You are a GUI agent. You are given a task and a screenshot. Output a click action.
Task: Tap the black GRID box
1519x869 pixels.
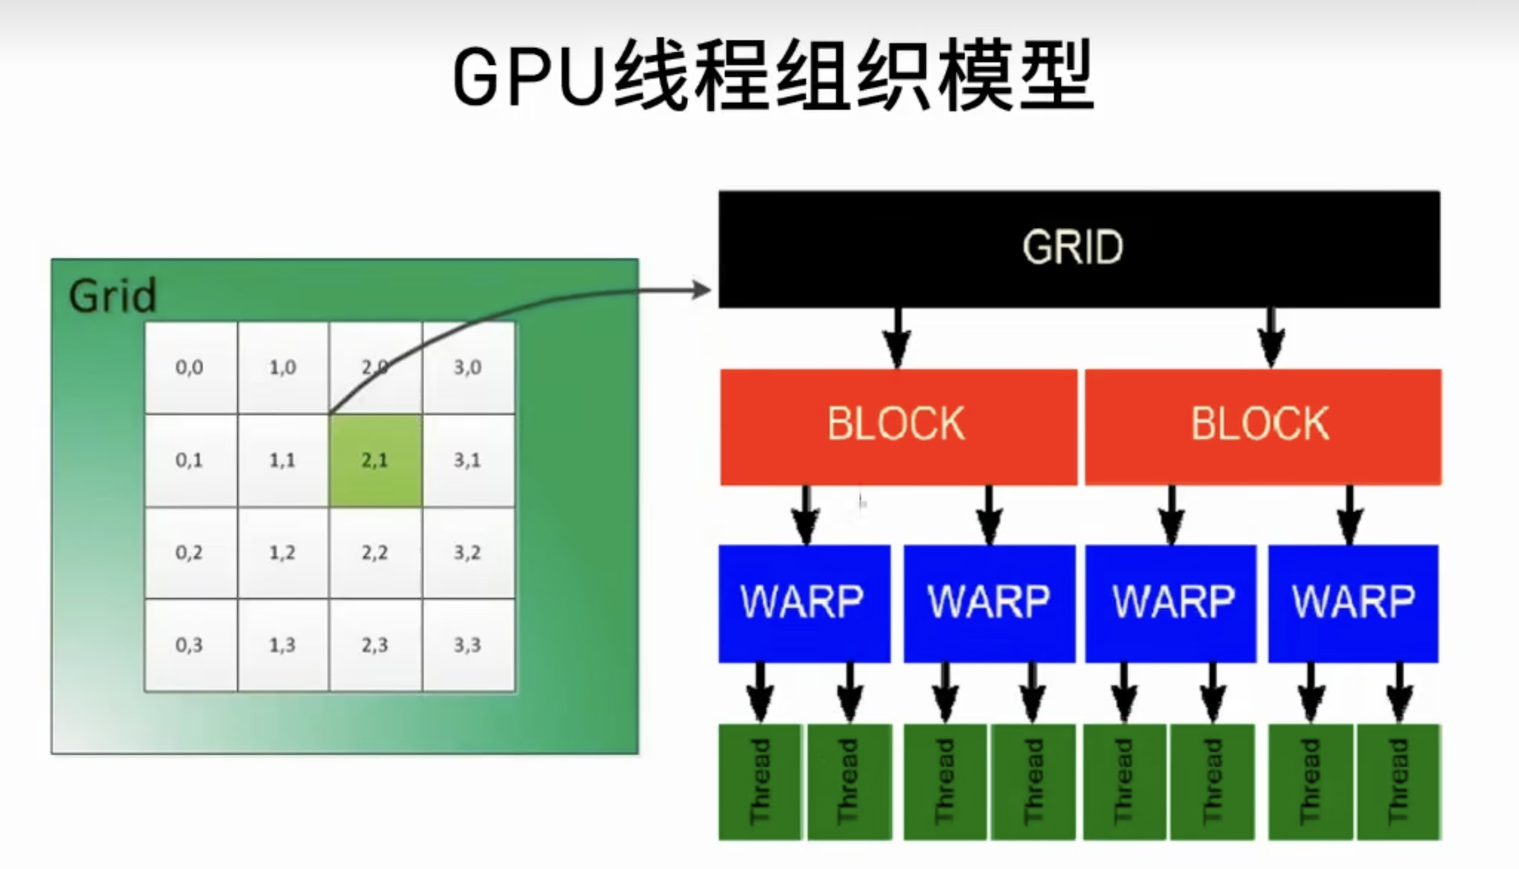point(1079,249)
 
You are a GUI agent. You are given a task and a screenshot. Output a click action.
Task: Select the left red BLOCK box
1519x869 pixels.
point(898,426)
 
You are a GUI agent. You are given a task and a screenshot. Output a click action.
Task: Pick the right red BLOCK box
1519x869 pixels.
point(1263,426)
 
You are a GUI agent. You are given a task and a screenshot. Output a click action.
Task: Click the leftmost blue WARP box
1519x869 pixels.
point(803,603)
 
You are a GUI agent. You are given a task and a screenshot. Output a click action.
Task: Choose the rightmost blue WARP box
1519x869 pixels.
point(1353,603)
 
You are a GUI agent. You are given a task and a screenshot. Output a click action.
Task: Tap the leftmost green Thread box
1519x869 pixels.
point(759,782)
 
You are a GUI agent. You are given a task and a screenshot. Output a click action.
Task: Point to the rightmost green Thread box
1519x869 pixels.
point(1399,782)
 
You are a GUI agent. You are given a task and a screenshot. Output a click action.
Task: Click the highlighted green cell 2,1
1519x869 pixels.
point(375,460)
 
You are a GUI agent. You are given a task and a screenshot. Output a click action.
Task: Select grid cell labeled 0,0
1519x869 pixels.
point(189,367)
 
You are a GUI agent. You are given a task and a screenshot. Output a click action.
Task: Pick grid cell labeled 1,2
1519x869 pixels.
point(282,553)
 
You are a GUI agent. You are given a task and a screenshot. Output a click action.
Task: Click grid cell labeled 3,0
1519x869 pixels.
point(468,367)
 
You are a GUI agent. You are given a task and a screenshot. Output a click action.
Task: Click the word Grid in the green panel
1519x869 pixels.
point(112,296)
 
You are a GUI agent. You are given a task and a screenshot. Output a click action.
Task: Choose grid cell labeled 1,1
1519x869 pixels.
point(282,460)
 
